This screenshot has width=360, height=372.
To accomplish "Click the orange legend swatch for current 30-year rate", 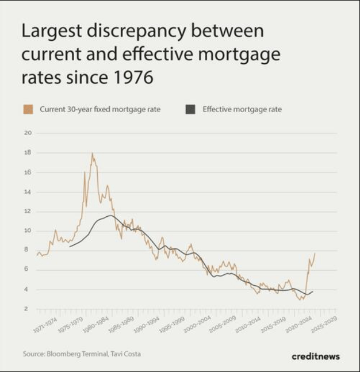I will pyautogui.click(x=28, y=109).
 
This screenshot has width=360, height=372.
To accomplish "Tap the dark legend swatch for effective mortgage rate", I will pyautogui.click(x=191, y=109).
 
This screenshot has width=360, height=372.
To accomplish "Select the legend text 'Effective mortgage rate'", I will pyautogui.click(x=242, y=109).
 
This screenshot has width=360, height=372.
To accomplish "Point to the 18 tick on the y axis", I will pyautogui.click(x=28, y=153).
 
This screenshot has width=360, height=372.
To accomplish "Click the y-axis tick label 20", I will pyautogui.click(x=28, y=133).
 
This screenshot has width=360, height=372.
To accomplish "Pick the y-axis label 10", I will pyautogui.click(x=28, y=231).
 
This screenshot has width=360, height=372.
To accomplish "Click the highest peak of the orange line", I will pyautogui.click(x=92, y=154).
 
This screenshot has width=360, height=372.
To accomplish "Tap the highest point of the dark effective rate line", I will pyautogui.click(x=110, y=216).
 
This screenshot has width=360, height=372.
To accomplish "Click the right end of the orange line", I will pyautogui.click(x=315, y=254).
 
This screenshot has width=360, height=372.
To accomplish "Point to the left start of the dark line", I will pyautogui.click(x=70, y=247).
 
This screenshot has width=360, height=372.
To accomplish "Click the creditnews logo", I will pyautogui.click(x=316, y=356).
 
